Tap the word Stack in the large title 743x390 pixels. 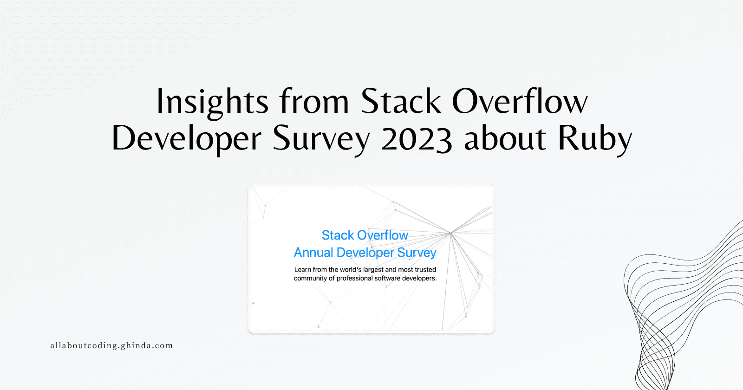401,101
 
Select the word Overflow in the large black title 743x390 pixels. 520,101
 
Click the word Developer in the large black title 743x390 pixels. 186,138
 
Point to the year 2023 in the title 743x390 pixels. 417,139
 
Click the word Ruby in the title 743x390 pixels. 595,139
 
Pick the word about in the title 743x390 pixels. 505,138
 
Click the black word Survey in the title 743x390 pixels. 321,139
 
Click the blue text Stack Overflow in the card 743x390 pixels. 365,235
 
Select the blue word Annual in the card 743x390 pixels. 313,253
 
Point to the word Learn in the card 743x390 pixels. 302,269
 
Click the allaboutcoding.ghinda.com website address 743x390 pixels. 111,345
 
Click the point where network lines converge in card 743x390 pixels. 450,233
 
